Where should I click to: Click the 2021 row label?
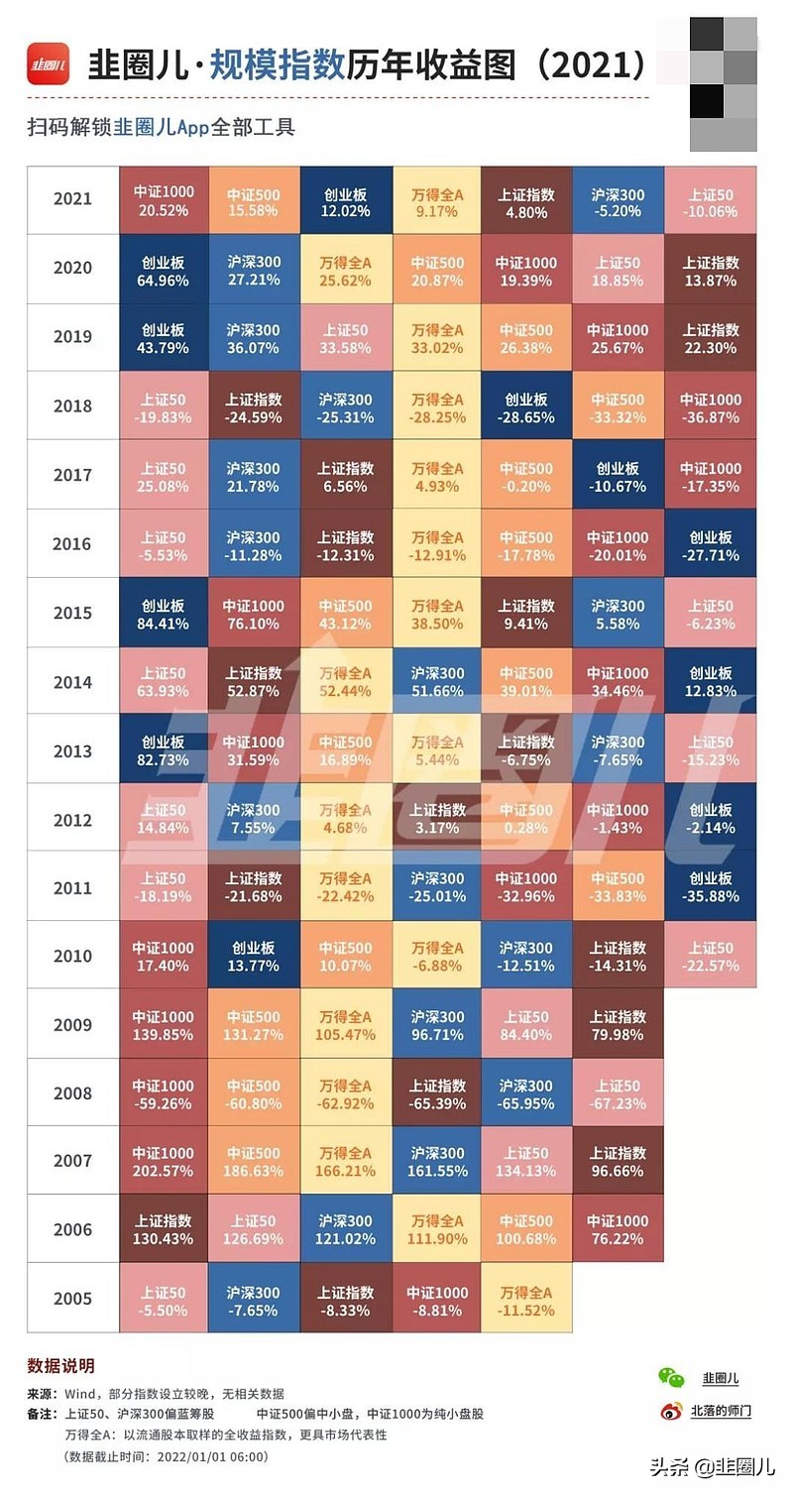72,199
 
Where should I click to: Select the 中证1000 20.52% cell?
164,200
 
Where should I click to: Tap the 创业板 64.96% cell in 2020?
164,270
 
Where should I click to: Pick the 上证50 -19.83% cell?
164,406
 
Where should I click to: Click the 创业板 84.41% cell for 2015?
164,614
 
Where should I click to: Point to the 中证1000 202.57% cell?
164,1161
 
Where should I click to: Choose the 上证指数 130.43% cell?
164,1229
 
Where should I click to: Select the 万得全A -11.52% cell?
527,1299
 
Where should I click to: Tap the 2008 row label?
72,1093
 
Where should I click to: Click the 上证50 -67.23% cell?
618,1093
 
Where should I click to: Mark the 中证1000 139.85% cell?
164,1025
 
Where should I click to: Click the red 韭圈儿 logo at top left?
48,63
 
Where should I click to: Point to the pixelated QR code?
723,83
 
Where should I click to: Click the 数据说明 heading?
60,1366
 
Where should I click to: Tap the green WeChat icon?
671,1377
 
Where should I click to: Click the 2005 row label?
72,1299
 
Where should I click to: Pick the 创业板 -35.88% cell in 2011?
710,887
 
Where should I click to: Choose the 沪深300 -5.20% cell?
618,200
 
